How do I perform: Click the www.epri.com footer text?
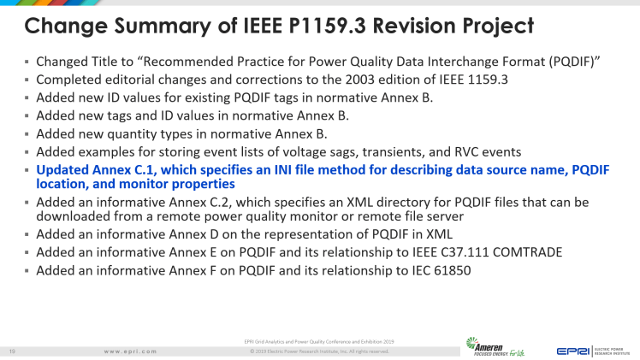130,351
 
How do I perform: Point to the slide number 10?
12,351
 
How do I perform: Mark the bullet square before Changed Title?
27,62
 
